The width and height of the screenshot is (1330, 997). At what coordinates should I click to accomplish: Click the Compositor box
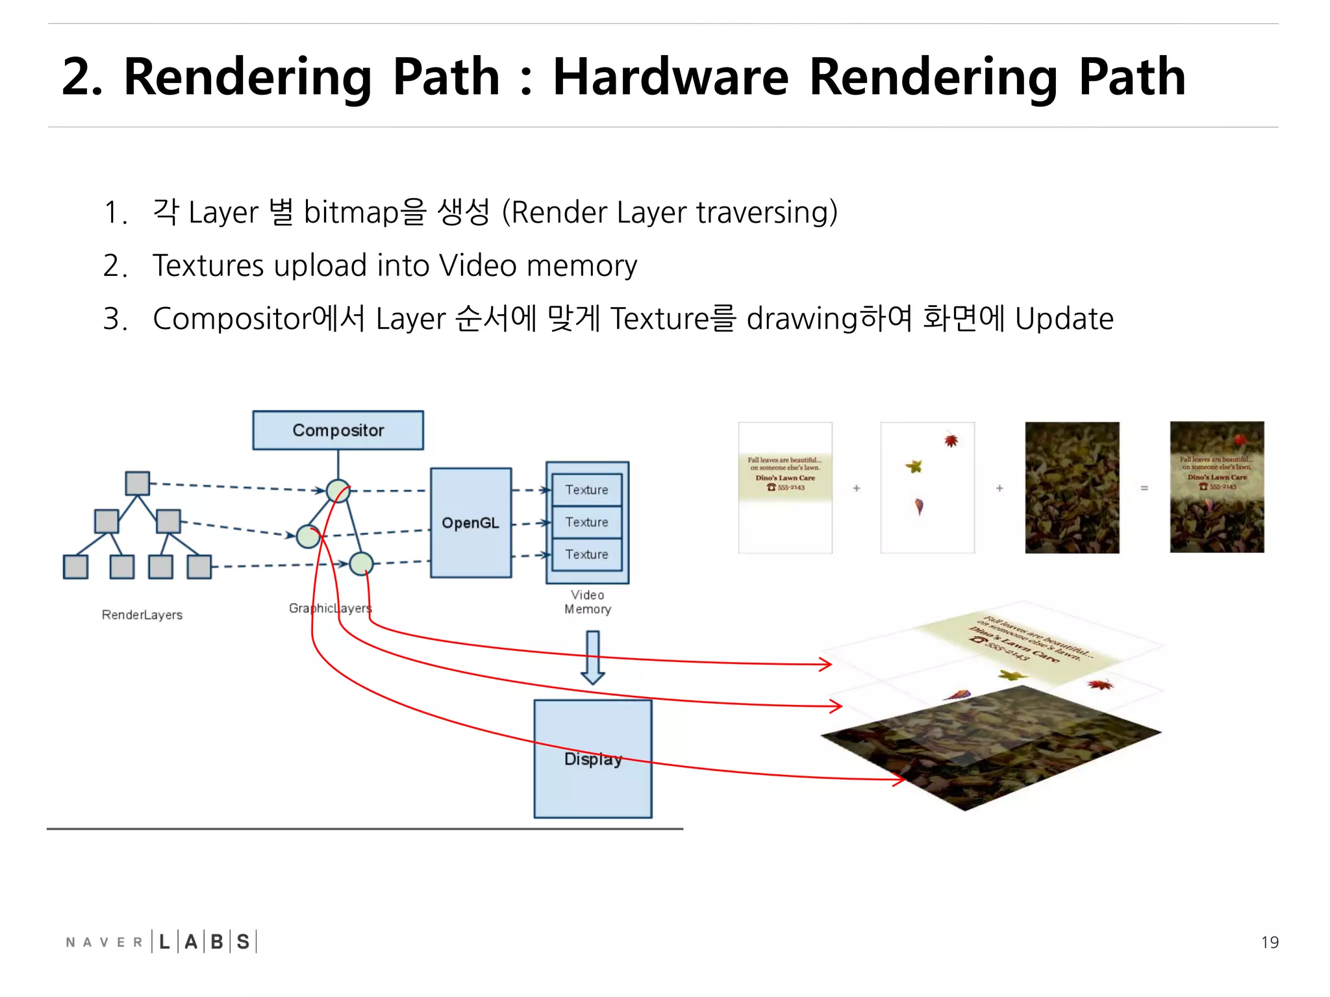point(338,430)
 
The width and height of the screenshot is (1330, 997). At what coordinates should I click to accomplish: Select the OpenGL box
point(470,523)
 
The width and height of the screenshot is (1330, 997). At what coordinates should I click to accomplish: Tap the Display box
point(592,758)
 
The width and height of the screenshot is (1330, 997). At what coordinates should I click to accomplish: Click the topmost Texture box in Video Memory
point(586,490)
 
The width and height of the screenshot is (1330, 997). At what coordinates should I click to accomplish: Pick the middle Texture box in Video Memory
point(586,522)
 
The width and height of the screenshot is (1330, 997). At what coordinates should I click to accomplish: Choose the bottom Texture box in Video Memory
point(586,554)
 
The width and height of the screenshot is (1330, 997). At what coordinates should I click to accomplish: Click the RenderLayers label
point(142,615)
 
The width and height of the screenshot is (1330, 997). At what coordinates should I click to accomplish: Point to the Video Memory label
point(587,602)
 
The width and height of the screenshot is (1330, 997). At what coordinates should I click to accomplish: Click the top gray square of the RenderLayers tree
point(137,483)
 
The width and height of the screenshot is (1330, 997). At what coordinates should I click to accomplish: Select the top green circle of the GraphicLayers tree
point(338,491)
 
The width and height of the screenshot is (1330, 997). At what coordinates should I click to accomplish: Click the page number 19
point(1269,942)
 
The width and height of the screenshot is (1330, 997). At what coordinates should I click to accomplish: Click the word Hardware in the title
point(670,77)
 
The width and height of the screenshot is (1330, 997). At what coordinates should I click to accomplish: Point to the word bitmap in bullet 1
point(351,212)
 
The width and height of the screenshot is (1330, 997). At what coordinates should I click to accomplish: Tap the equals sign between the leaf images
point(1144,488)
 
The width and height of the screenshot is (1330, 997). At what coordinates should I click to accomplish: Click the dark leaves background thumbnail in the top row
point(1072,487)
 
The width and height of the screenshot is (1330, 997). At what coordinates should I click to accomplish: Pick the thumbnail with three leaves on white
point(927,487)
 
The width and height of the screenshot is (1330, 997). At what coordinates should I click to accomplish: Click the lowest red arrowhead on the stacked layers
point(898,779)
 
